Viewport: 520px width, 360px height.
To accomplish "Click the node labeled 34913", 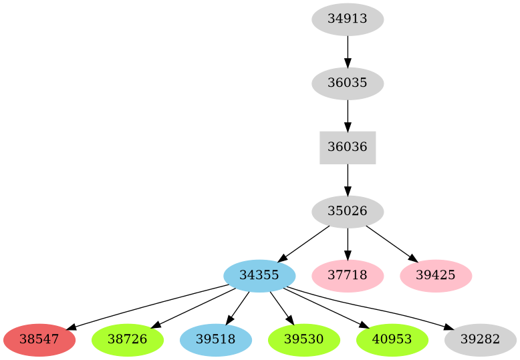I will coord(348,19).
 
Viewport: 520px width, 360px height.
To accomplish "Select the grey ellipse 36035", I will coord(348,83).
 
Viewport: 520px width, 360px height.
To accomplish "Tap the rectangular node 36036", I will coord(348,148).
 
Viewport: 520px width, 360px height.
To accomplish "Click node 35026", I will coord(348,212).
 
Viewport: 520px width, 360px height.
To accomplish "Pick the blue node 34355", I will coord(259,276).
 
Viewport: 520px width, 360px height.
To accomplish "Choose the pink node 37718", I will coord(348,276).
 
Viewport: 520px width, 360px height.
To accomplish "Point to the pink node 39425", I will coord(436,276).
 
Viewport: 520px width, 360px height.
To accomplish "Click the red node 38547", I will coord(39,340).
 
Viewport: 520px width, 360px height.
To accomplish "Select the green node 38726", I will coord(127,340).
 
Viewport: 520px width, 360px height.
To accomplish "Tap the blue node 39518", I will coord(215,340).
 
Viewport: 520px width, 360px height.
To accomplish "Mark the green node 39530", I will coord(303,340).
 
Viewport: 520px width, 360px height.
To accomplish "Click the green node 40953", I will coord(392,340).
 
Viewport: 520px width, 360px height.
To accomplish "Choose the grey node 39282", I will coord(480,340).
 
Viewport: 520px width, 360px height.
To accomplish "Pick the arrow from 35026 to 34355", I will coord(303,244).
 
